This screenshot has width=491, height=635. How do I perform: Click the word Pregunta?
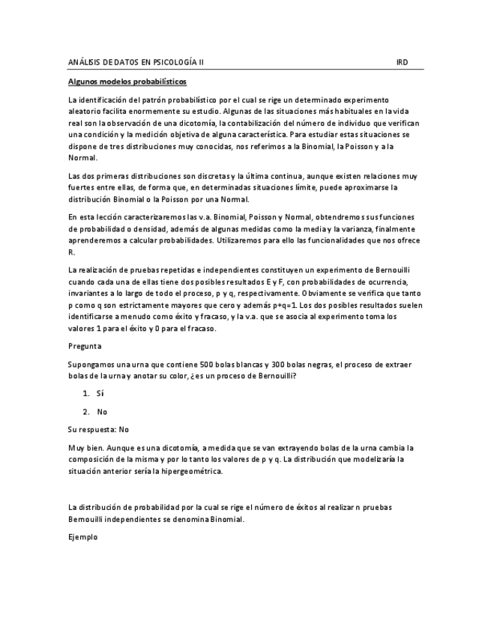(x=84, y=346)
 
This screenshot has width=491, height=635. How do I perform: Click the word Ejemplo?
(x=82, y=537)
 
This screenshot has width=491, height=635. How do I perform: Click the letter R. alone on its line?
(x=70, y=252)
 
